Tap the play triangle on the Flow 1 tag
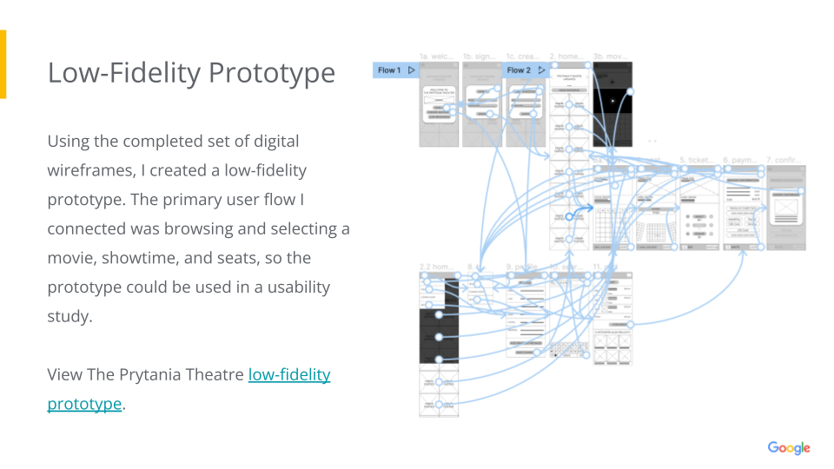coord(412,70)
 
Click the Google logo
coord(788,448)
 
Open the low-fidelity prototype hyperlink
coord(289,375)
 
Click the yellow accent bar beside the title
coord(3,64)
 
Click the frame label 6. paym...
coord(741,160)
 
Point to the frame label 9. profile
coord(524,267)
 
